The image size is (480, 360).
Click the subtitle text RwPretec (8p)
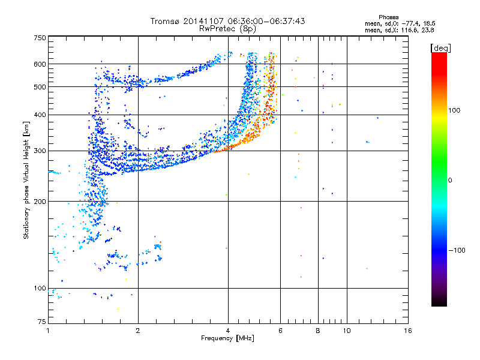coord(227,29)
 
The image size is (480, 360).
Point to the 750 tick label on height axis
coord(40,38)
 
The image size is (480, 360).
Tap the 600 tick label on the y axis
coord(40,64)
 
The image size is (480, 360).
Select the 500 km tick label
coord(40,87)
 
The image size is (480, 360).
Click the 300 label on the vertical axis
coord(40,151)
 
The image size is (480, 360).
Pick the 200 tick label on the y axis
coord(40,202)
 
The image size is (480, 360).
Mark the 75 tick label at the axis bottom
coord(42,322)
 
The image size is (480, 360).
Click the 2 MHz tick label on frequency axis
coord(138,331)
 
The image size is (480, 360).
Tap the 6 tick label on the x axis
coord(280,331)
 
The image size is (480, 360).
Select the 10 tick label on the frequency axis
coord(347,331)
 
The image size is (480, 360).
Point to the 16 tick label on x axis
coord(408,331)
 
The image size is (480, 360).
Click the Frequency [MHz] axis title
coord(227,338)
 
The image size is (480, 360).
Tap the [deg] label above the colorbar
coord(440,49)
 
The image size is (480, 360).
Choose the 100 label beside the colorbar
coord(454,110)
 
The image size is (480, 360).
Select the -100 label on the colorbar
coord(457,250)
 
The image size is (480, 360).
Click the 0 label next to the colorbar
coord(450,181)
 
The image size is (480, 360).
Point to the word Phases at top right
coord(388,17)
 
